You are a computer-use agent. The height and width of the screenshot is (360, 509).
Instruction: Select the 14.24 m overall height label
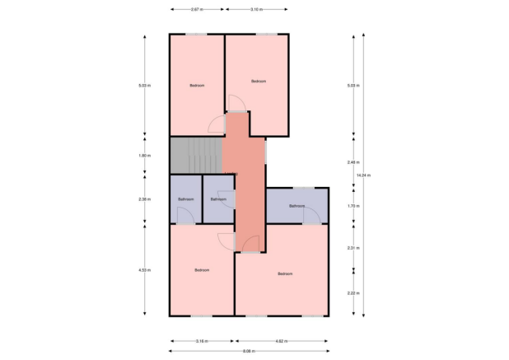pos(363,175)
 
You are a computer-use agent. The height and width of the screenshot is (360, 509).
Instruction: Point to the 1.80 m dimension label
pos(145,155)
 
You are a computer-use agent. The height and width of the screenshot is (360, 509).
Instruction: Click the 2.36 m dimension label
pos(145,199)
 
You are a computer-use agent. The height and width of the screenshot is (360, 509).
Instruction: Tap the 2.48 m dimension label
pos(351,161)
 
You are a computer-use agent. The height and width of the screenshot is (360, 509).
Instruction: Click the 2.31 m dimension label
pos(351,247)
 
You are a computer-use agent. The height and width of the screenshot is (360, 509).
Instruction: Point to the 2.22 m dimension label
pos(351,293)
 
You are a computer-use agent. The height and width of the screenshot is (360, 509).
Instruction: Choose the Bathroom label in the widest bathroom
pos(297,205)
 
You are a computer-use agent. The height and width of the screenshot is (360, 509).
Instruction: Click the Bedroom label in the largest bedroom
pos(285,274)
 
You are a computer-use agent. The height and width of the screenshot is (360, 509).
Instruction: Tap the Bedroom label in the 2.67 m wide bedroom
pos(197,85)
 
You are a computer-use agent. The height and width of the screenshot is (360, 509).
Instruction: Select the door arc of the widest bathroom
pos(311,216)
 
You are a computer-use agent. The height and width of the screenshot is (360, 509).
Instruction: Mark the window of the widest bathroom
pos(304,188)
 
